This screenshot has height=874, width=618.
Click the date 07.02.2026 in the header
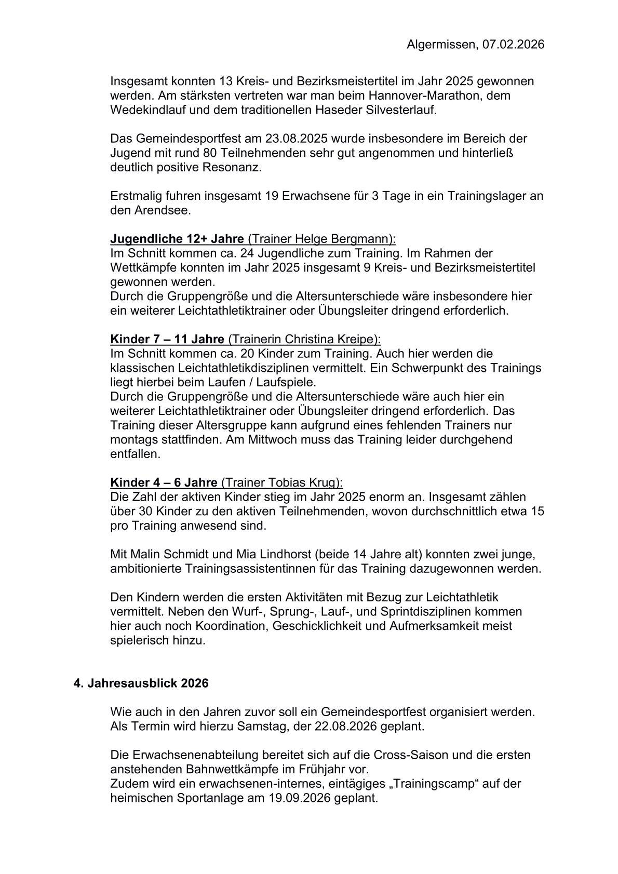(x=513, y=45)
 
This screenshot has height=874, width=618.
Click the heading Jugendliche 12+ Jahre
(x=177, y=239)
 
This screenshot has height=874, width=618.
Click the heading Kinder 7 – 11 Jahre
(x=167, y=339)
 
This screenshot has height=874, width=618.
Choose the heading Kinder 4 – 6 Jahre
(x=164, y=482)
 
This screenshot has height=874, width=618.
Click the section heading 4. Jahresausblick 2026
(x=141, y=683)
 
